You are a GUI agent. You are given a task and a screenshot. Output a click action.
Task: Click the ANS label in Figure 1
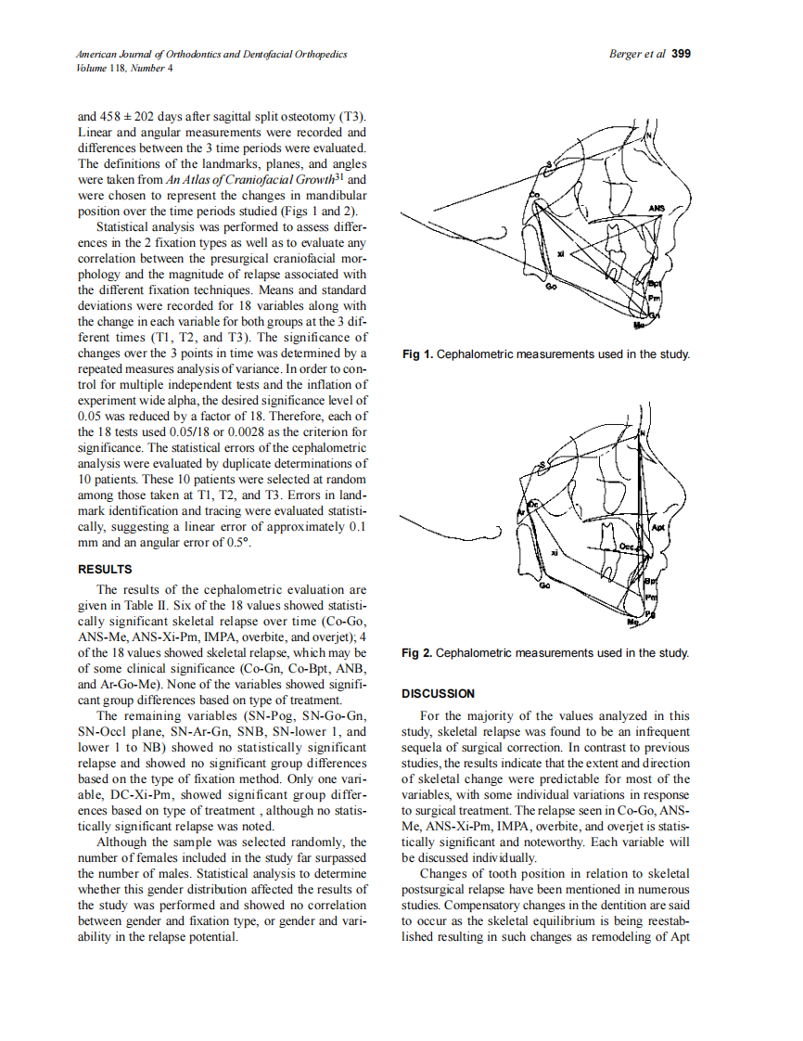tap(657, 208)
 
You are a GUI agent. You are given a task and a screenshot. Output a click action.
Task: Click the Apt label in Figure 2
tap(658, 527)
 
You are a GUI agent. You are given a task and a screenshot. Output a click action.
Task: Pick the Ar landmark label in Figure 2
tap(520, 511)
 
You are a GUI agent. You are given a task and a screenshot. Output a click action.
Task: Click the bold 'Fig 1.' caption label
tap(417, 354)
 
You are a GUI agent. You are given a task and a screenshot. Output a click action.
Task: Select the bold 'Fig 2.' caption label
tap(417, 653)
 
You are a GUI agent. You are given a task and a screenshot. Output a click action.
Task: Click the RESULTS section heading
tap(105, 569)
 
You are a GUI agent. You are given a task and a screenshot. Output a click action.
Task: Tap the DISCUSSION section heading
tap(438, 693)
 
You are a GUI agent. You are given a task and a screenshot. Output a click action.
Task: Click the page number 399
tap(681, 54)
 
